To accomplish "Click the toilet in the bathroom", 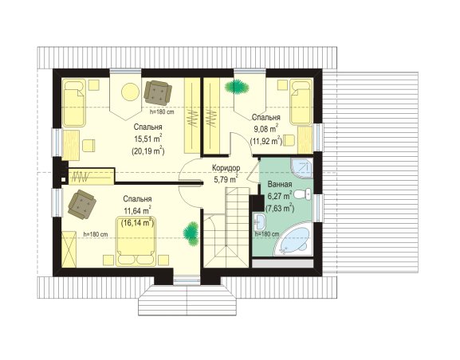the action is pyautogui.click(x=303, y=194).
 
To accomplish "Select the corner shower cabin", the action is pyautogui.click(x=302, y=168).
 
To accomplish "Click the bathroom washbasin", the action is pyautogui.click(x=260, y=221).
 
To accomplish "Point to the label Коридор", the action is pyautogui.click(x=226, y=168).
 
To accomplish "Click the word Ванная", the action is pyautogui.click(x=280, y=185).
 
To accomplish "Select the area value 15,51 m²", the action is pyautogui.click(x=148, y=139).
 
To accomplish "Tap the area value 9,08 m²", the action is pyautogui.click(x=265, y=129).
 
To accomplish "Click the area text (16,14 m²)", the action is pyautogui.click(x=137, y=222).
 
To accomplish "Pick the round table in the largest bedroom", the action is pyautogui.click(x=130, y=92).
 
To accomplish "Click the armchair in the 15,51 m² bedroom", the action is pyautogui.click(x=158, y=93).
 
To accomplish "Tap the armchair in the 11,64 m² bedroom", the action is pyautogui.click(x=82, y=204).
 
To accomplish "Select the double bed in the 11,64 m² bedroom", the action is pyautogui.click(x=136, y=241).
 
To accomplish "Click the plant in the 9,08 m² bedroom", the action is pyautogui.click(x=237, y=87).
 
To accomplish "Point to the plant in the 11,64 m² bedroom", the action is pyautogui.click(x=191, y=233).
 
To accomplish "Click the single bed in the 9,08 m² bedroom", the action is pyautogui.click(x=301, y=102).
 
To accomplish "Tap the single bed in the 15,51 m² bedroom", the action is pyautogui.click(x=74, y=103).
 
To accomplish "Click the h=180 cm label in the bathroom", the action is pyautogui.click(x=267, y=234).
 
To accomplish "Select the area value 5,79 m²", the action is pyautogui.click(x=226, y=179).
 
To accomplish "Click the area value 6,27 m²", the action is pyautogui.click(x=280, y=196).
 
